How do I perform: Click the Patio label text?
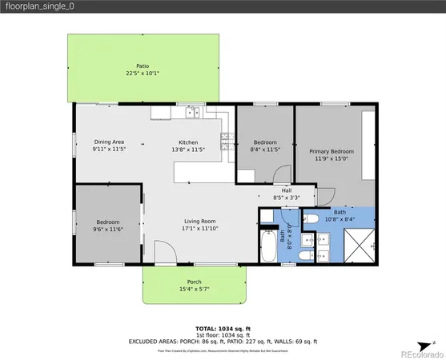[143, 66]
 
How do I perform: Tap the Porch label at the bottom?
[194, 282]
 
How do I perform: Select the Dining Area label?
[108, 142]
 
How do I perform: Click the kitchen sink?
[193, 113]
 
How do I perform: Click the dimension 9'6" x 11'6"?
[108, 229]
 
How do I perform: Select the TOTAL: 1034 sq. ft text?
[223, 329]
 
